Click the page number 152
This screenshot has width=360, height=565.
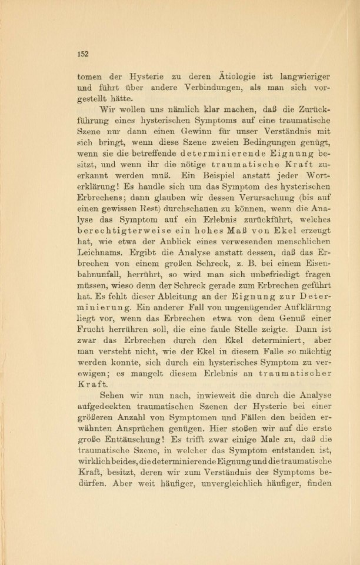click(x=82, y=54)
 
